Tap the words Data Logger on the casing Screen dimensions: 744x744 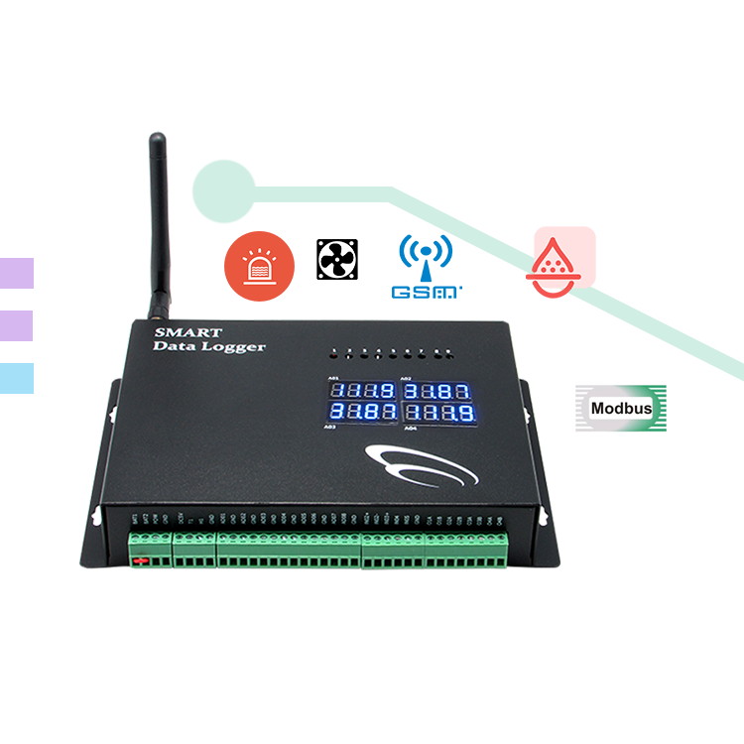tap(209, 347)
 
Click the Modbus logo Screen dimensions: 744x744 tap(621, 408)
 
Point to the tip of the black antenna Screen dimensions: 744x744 tap(156, 138)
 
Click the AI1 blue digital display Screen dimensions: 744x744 tap(361, 390)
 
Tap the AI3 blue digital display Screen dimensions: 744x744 tap(361, 411)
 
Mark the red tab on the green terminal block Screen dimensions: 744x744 tap(141, 561)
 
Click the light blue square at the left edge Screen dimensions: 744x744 tap(16, 378)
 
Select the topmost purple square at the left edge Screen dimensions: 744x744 tap(16, 273)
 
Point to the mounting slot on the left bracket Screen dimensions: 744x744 tap(96, 515)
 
